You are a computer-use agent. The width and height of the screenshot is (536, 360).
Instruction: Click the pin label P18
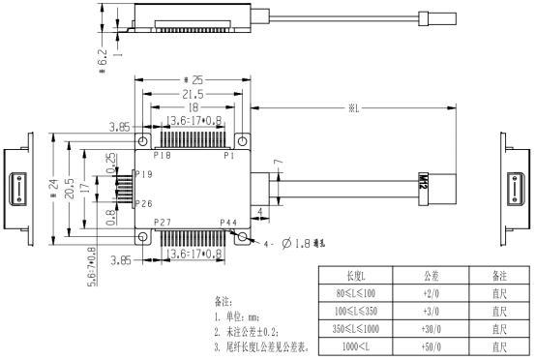point(163,155)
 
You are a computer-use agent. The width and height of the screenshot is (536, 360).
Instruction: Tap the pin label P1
point(229,155)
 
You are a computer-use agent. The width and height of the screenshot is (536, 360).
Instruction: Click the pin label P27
point(163,223)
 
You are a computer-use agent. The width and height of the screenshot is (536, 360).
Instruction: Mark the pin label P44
point(228,223)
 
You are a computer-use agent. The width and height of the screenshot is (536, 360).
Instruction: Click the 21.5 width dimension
point(194,94)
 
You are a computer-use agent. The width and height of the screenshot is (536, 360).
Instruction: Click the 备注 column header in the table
point(498,277)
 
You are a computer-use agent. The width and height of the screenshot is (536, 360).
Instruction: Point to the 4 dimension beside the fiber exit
point(260,208)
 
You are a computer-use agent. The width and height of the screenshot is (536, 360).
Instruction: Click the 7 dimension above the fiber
point(277,163)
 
